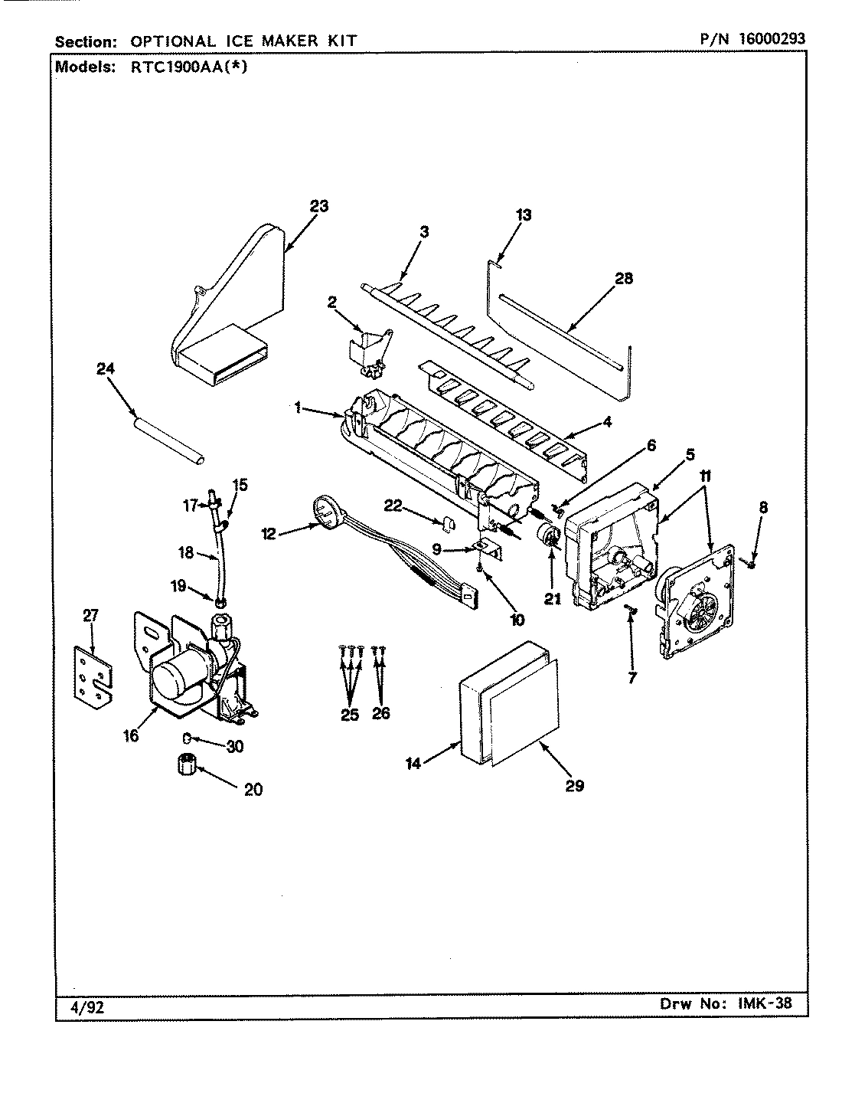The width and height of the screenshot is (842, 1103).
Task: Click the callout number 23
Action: pos(319,206)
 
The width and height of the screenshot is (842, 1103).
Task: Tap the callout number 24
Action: pos(105,369)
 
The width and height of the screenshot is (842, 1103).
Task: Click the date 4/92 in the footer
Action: pos(81,1006)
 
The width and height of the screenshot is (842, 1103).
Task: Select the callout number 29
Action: pos(574,785)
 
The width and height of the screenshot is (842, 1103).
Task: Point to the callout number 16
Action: pos(130,735)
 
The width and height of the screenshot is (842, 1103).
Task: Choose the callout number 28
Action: pos(624,278)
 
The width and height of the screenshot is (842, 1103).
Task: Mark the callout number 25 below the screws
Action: pos(350,713)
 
